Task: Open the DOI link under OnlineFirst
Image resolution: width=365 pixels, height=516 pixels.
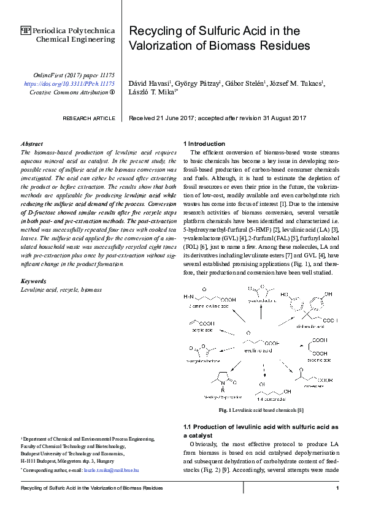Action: click(x=69, y=82)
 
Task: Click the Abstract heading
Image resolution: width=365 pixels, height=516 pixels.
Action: click(x=32, y=143)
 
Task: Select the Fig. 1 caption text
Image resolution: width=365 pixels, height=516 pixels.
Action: click(x=261, y=409)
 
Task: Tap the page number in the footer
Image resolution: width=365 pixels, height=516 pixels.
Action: click(x=337, y=488)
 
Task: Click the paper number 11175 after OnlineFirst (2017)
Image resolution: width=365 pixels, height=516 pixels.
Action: click(x=102, y=73)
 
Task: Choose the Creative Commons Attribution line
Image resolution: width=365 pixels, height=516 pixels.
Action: click(x=72, y=92)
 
